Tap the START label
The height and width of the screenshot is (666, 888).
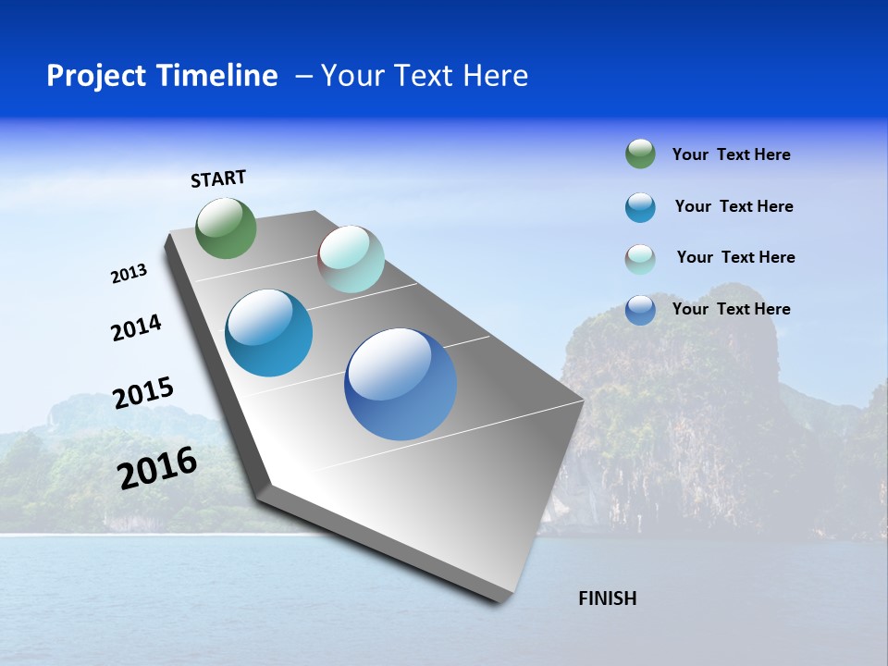coord(218,179)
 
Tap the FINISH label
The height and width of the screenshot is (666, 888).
coord(607,598)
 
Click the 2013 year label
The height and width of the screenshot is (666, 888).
coord(129,274)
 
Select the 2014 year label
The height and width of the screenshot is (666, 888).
coord(136,327)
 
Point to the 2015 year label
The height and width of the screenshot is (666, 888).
coord(142,394)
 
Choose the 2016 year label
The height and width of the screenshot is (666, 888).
coord(157,468)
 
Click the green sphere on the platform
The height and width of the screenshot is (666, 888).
coord(227,228)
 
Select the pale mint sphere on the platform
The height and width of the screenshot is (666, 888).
coord(351,259)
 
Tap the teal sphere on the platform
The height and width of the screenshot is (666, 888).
coord(269,333)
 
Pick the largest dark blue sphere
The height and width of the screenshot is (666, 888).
coord(401,384)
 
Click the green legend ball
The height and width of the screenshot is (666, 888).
coord(640,154)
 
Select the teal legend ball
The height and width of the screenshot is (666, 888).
coord(640,207)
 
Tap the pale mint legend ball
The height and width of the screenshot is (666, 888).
coord(640,259)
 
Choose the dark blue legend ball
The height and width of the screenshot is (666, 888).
coord(640,310)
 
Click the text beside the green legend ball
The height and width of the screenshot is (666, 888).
coord(731,154)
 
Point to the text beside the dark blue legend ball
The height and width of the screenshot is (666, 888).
coord(731,309)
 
